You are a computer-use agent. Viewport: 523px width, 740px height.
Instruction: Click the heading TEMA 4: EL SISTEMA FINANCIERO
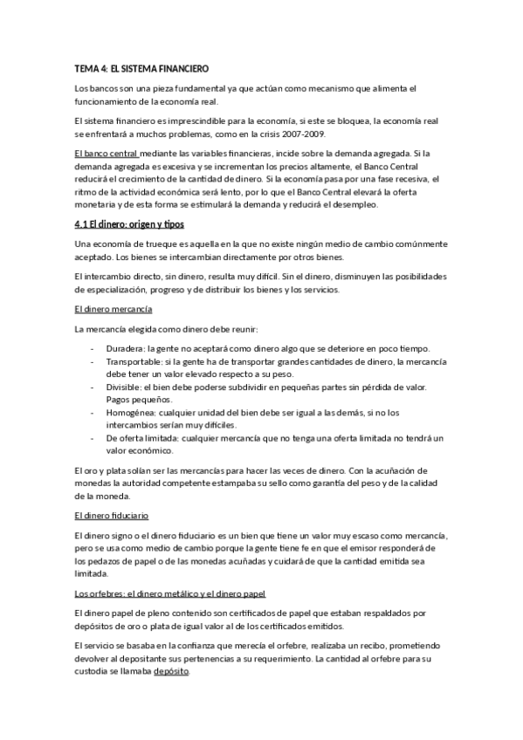141,67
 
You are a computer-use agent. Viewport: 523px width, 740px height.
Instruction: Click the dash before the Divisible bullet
93,387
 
